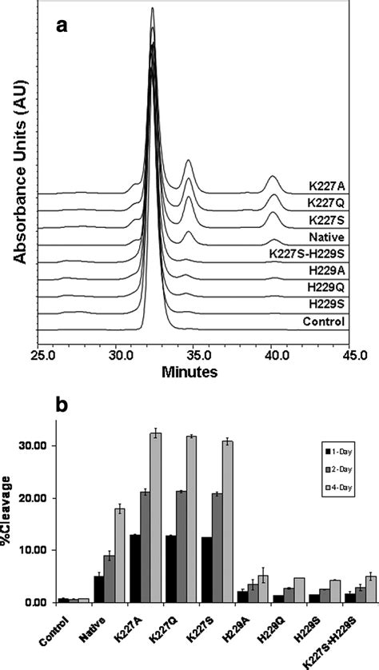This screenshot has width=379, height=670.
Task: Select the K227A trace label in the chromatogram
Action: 324,186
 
